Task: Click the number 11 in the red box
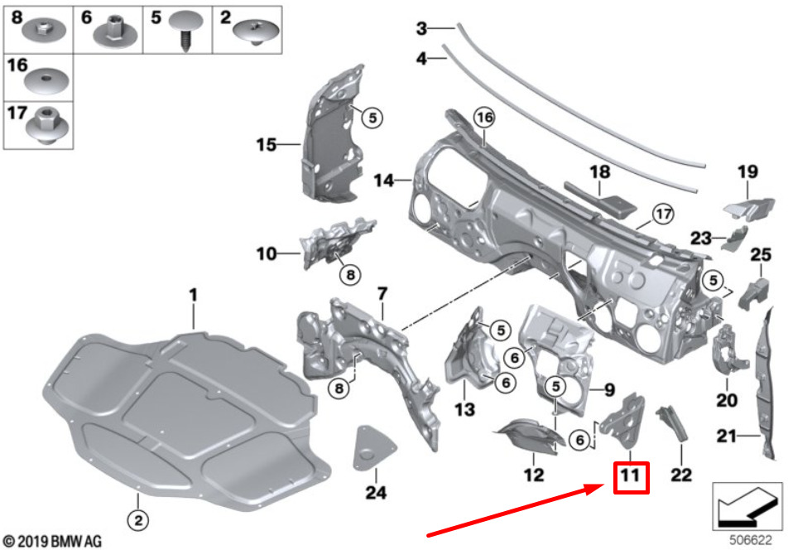point(630,477)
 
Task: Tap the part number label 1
point(193,294)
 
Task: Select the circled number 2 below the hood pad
point(138,520)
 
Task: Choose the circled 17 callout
point(660,212)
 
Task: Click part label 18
point(599,171)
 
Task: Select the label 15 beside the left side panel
point(265,146)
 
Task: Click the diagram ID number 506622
point(750,538)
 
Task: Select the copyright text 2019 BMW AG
point(52,541)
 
